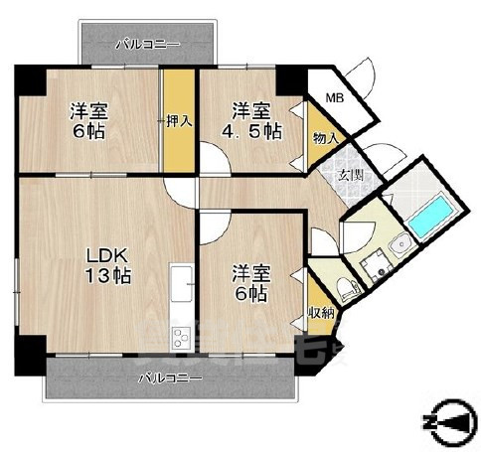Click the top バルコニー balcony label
[147, 44]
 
